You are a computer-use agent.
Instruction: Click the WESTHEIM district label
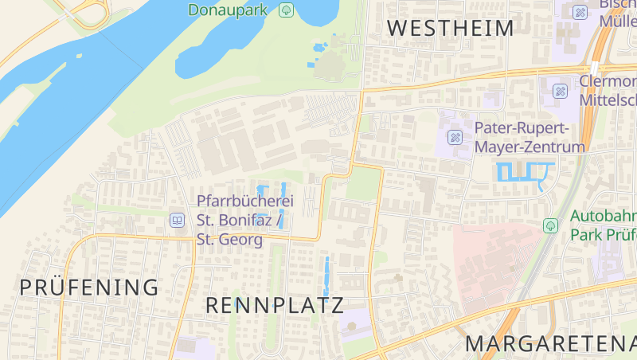click(x=450, y=29)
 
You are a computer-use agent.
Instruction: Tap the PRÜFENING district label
click(x=89, y=288)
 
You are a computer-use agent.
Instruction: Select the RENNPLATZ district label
click(x=275, y=305)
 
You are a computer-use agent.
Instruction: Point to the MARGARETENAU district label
click(x=550, y=344)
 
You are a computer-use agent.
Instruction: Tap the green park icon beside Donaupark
click(x=287, y=10)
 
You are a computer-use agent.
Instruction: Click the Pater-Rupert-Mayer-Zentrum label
click(x=530, y=137)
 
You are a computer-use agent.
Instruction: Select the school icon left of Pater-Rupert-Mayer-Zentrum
click(x=455, y=137)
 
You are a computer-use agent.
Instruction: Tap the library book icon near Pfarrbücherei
click(x=177, y=220)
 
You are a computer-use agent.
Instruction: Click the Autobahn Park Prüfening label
click(x=603, y=225)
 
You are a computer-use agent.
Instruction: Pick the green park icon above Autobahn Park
click(x=549, y=225)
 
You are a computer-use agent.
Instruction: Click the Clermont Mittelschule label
click(x=608, y=91)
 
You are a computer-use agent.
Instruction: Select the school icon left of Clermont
click(x=560, y=91)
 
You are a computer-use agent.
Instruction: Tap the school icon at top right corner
click(x=580, y=12)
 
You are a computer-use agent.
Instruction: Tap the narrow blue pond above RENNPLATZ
click(x=326, y=275)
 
